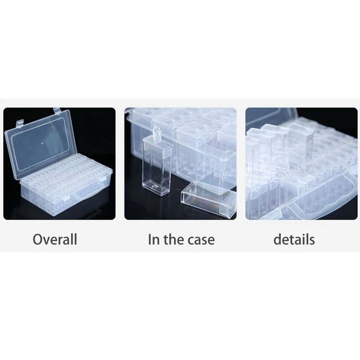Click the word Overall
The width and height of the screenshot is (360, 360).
click(x=55, y=239)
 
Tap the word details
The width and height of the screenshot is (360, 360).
click(x=294, y=239)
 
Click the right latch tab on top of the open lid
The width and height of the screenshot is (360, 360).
click(x=57, y=111)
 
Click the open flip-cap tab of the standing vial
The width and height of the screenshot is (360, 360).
click(x=157, y=132)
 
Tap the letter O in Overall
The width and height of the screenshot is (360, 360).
click(x=38, y=239)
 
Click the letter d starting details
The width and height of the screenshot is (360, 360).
click(x=278, y=239)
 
